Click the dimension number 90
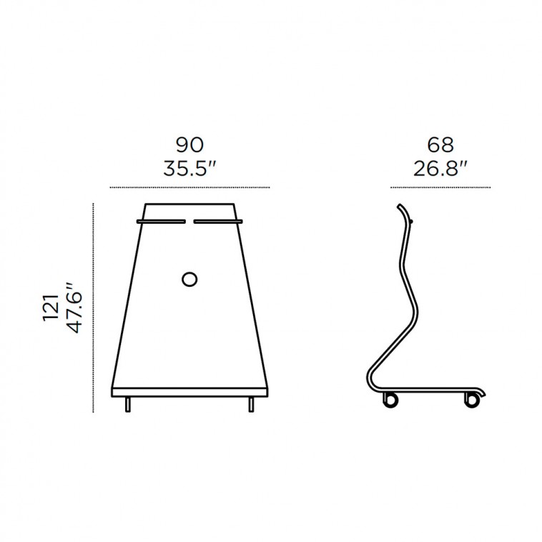point(189,145)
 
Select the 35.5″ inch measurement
point(189,169)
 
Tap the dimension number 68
point(440,145)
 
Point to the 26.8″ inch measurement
point(440,169)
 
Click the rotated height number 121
point(51,307)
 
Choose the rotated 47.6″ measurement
point(75,307)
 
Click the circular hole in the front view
point(189,279)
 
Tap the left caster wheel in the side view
point(390,400)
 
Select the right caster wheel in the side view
point(472,400)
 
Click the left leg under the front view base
point(128,405)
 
